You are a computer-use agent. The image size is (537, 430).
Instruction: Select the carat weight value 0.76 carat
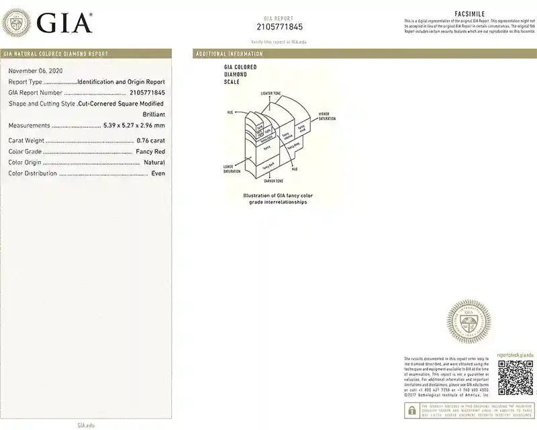point(150,140)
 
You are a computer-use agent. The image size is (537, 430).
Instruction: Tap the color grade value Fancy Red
point(150,152)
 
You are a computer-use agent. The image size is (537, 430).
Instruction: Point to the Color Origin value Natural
point(154,163)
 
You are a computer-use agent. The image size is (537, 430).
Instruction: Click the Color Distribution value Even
point(158,173)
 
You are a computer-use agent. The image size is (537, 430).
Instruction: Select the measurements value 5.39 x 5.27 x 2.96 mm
point(134,126)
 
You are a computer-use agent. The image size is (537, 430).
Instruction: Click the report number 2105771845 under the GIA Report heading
point(279,27)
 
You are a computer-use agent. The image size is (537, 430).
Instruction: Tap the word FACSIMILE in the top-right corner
point(469,14)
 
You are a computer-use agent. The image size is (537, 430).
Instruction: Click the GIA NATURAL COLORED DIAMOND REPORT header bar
point(55,54)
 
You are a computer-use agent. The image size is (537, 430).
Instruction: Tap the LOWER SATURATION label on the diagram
point(232,169)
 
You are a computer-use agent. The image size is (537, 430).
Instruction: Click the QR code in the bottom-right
point(516,378)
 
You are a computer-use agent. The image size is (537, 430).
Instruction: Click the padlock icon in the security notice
point(411,411)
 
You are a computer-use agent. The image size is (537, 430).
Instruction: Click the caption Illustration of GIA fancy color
point(278,196)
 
